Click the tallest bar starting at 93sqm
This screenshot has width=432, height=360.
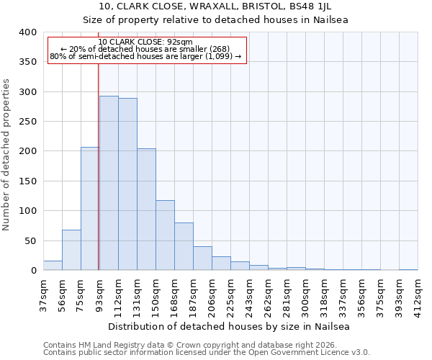coord(109,183)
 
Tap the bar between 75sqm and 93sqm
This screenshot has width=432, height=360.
coord(90,209)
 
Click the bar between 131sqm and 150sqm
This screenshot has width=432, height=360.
coord(146,209)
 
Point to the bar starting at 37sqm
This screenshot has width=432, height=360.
coord(53,265)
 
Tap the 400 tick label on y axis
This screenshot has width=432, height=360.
coord(27,32)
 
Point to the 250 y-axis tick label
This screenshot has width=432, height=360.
coord(27,122)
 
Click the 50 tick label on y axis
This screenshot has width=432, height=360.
coord(30,240)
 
